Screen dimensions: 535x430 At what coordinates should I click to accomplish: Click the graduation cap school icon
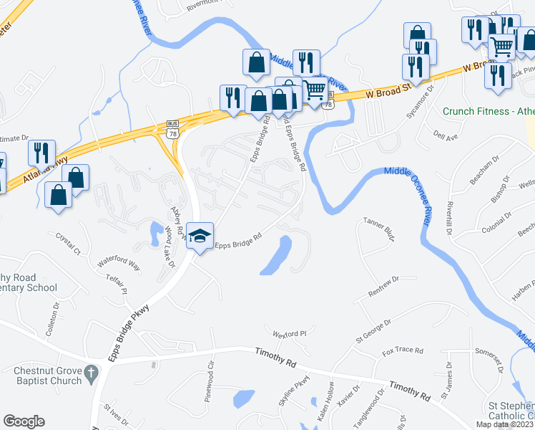click(201, 235)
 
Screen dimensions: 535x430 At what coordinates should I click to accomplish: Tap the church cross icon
click(91, 373)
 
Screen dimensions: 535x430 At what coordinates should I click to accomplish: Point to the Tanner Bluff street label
click(379, 226)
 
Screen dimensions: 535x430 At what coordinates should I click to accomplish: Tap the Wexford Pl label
click(289, 333)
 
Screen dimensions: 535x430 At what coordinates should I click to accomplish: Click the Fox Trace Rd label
click(403, 351)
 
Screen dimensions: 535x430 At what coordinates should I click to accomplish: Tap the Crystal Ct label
click(69, 242)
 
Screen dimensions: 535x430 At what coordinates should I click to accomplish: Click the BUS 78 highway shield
click(172, 128)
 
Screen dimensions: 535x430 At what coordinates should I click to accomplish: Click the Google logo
click(24, 421)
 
